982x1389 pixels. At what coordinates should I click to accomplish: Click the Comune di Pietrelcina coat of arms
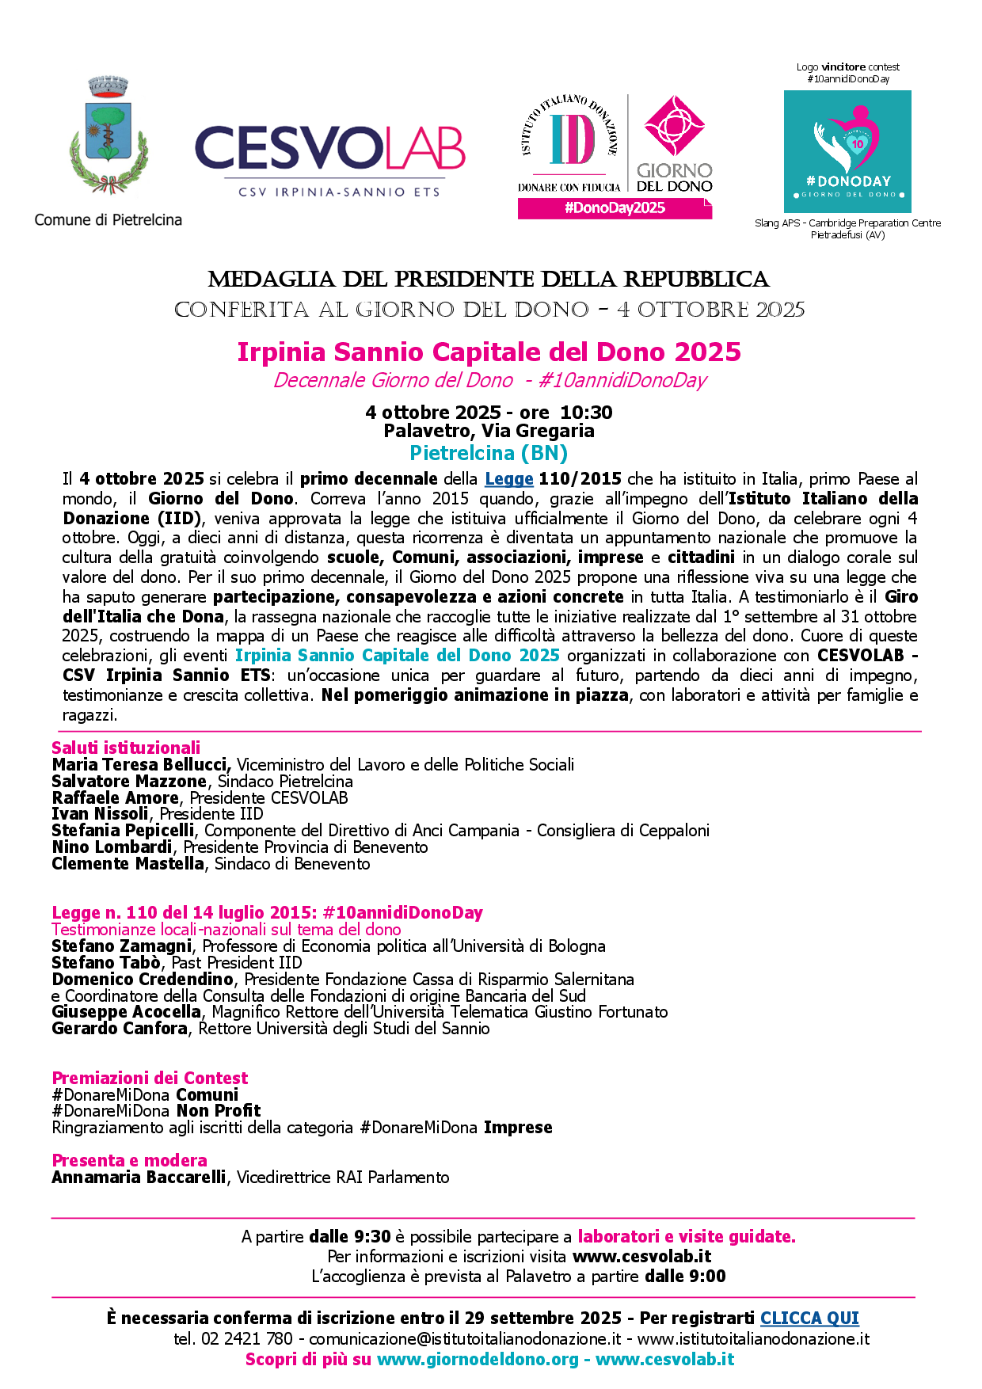coord(108,135)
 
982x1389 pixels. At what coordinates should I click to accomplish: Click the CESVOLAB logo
coord(329,158)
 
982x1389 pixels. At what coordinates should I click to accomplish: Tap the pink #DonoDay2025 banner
coord(615,208)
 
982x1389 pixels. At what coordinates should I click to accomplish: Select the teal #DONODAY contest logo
coord(847,151)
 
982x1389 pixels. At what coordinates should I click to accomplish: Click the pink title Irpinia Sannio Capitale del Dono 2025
coord(489,352)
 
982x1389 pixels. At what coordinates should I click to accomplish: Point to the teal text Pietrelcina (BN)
coord(489,453)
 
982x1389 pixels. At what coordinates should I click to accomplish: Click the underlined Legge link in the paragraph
coord(509,479)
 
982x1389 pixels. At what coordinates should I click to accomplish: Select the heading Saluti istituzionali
coord(126,748)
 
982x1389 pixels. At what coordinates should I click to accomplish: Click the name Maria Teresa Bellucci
coord(141,765)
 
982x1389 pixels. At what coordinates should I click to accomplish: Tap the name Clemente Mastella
coord(128,864)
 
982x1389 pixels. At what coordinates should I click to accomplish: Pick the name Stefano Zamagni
coord(121,946)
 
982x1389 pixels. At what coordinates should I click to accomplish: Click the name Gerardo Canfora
coord(120,1029)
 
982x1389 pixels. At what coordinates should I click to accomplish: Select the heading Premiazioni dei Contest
coord(150,1078)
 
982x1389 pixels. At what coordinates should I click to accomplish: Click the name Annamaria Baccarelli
coord(139,1178)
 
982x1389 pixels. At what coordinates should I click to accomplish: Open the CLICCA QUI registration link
coord(809,1318)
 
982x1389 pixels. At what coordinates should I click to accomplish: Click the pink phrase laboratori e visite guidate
coord(687,1237)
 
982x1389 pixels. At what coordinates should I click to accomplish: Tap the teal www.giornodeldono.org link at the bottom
coord(478,1359)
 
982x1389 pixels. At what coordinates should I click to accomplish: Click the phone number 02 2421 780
coord(247,1339)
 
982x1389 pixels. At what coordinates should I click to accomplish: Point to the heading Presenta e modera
coord(129,1160)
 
